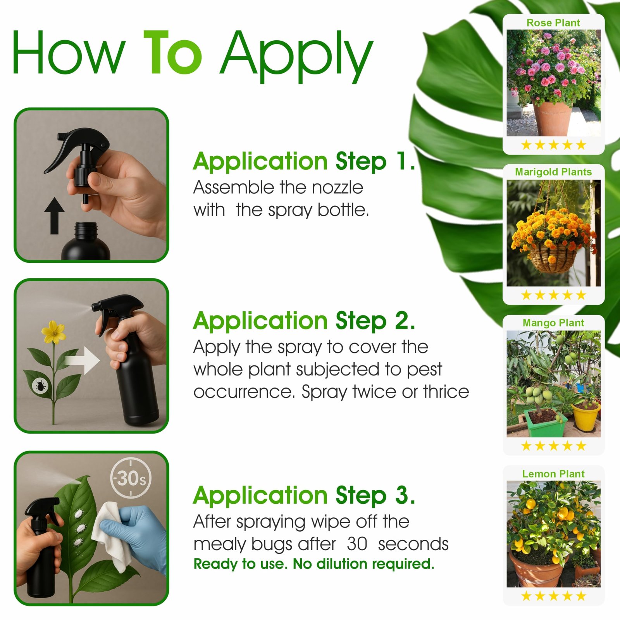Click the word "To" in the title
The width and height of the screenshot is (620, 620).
point(173,52)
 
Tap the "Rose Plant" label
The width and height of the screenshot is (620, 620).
point(553,23)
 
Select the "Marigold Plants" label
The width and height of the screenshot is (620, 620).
point(553,172)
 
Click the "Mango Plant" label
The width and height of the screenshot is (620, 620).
point(553,322)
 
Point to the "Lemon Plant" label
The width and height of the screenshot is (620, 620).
point(553,474)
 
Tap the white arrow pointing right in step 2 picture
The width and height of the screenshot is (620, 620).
point(82,360)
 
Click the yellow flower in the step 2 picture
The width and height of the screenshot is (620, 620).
point(53,332)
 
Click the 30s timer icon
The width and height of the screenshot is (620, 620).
point(131,478)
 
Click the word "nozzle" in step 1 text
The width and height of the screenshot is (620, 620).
point(338,188)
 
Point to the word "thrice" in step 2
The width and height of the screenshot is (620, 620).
point(446,391)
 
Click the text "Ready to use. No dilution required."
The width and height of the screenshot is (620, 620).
point(314,564)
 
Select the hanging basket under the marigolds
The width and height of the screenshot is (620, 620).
point(551,258)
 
